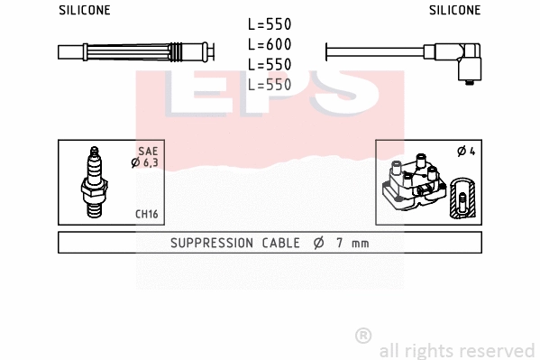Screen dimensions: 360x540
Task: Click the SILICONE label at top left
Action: pos(85,11)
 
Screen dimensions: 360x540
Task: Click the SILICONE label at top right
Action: pos(454,11)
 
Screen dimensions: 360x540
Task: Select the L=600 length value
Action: pos(269,44)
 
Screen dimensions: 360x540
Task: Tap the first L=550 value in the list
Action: pos(269,25)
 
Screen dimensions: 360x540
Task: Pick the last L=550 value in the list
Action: pos(269,84)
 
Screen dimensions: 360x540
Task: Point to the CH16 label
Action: pos(147,214)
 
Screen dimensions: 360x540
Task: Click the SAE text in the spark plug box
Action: pos(149,151)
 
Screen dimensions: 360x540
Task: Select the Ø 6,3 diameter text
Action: pos(145,162)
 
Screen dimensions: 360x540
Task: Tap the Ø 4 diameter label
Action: pos(466,151)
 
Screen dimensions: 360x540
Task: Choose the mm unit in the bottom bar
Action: pos(359,244)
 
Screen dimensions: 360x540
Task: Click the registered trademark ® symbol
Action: pos(363,336)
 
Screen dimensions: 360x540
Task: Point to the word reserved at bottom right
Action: pos(499,350)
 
